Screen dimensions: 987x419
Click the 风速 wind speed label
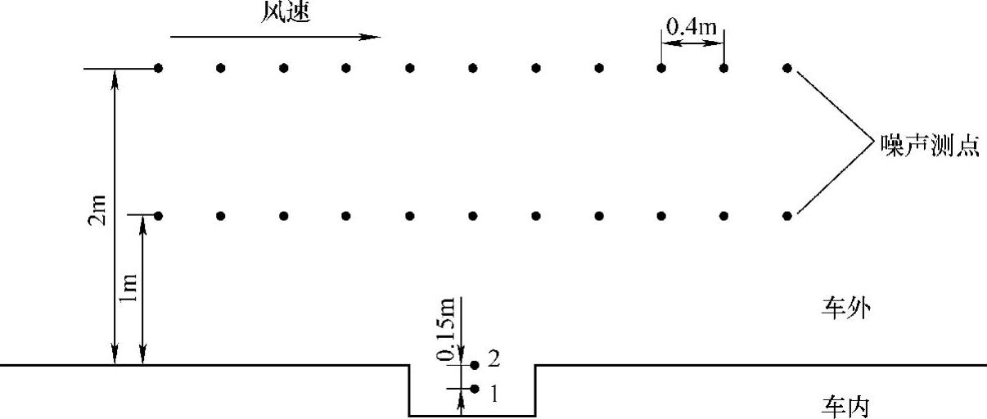[286, 13]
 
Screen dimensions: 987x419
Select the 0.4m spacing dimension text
[692, 27]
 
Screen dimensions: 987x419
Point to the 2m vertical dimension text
[97, 214]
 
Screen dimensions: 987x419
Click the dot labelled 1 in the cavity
[475, 389]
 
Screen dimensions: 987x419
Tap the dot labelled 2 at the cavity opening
[474, 364]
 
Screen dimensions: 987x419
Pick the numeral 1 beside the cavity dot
[493, 394]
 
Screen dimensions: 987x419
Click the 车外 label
[843, 309]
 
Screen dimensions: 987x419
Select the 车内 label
[843, 406]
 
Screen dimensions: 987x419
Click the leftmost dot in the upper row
[158, 67]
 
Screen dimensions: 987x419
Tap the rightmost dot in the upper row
[787, 67]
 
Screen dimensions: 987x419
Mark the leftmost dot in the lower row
[158, 216]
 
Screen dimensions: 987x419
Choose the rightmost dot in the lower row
[787, 216]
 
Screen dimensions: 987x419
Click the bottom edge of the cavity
[472, 416]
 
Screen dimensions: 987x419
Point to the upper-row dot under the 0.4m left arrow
[661, 67]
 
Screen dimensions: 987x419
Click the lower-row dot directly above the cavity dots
[473, 216]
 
